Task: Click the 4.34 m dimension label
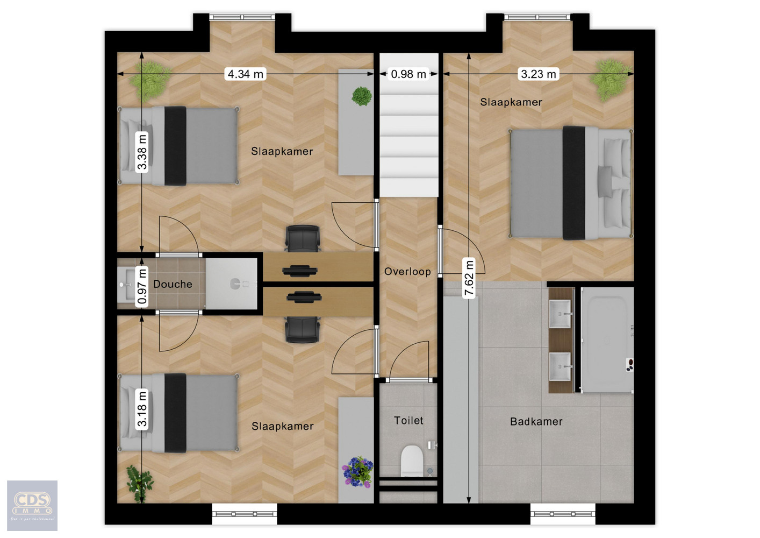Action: pyautogui.click(x=246, y=74)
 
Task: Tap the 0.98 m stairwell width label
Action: pyautogui.click(x=408, y=74)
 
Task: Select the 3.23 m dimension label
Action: pyautogui.click(x=539, y=74)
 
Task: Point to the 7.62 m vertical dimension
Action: pyautogui.click(x=469, y=278)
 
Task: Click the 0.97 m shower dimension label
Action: pyautogui.click(x=142, y=286)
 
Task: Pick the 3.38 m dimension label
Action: pyautogui.click(x=142, y=152)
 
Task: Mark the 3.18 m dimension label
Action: pyautogui.click(x=142, y=409)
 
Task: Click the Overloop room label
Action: pyautogui.click(x=407, y=272)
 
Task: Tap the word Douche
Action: pyautogui.click(x=173, y=284)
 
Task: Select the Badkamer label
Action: pyautogui.click(x=536, y=422)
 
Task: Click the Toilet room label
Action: pyautogui.click(x=408, y=421)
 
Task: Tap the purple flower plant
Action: pyautogui.click(x=357, y=471)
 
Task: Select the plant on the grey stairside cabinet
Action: pyautogui.click(x=362, y=96)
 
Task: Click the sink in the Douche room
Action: pyautogui.click(x=126, y=283)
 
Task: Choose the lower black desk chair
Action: pyautogui.click(x=303, y=329)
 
